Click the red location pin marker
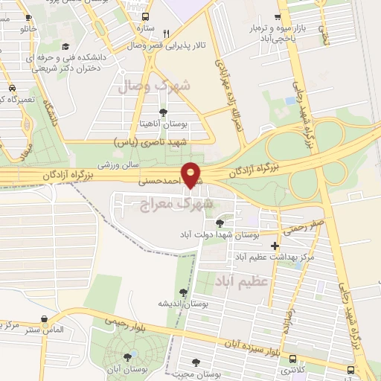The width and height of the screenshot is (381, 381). [191, 175]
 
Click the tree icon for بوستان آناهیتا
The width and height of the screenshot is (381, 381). [163, 113]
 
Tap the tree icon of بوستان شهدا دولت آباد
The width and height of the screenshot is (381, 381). [219, 222]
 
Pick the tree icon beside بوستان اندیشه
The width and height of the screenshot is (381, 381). [183, 292]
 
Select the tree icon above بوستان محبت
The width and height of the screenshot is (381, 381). [196, 362]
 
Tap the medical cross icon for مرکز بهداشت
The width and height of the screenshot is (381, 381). [275, 246]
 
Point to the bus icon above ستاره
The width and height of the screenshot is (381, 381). [144, 16]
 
